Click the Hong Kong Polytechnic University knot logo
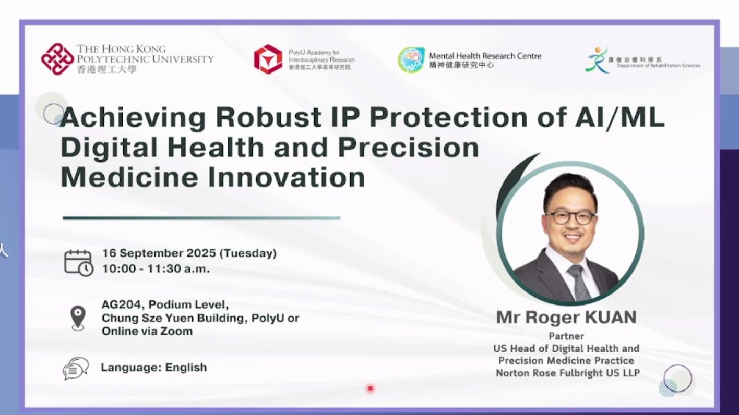point(57,59)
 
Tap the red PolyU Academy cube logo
point(268,59)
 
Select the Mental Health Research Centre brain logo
point(411,59)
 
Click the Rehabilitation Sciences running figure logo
point(597,59)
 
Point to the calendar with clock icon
point(78,263)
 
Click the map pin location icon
point(78,318)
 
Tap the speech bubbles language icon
point(76,368)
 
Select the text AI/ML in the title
point(619,117)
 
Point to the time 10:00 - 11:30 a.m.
point(156,268)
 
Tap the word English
point(186,367)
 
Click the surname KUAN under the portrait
point(611,318)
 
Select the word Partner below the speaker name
point(566,336)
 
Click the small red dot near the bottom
point(370,388)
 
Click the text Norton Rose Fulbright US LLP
point(568,373)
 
